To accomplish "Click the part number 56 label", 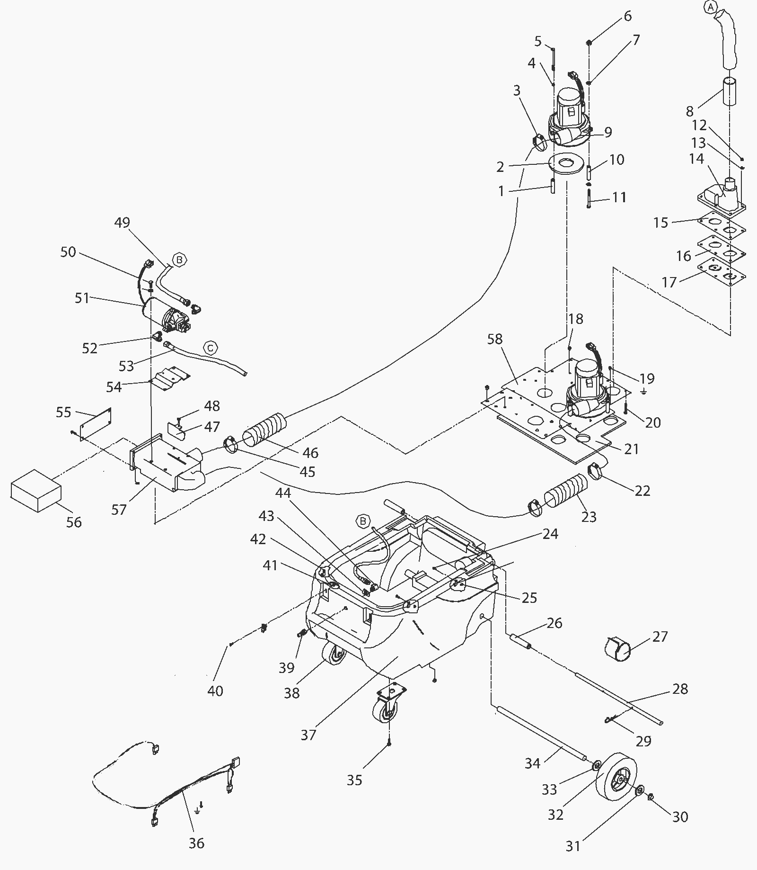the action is [74, 522].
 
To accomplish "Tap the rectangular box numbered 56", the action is [36, 491].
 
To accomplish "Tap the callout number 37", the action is [308, 735].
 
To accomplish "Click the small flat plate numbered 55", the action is [96, 424].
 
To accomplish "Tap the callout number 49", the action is [122, 222].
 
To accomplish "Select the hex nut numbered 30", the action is [650, 798].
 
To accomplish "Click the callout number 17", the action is [669, 282].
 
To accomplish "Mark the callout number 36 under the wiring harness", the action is [196, 843].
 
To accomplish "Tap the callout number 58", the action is [494, 339].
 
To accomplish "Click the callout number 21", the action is [632, 449].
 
